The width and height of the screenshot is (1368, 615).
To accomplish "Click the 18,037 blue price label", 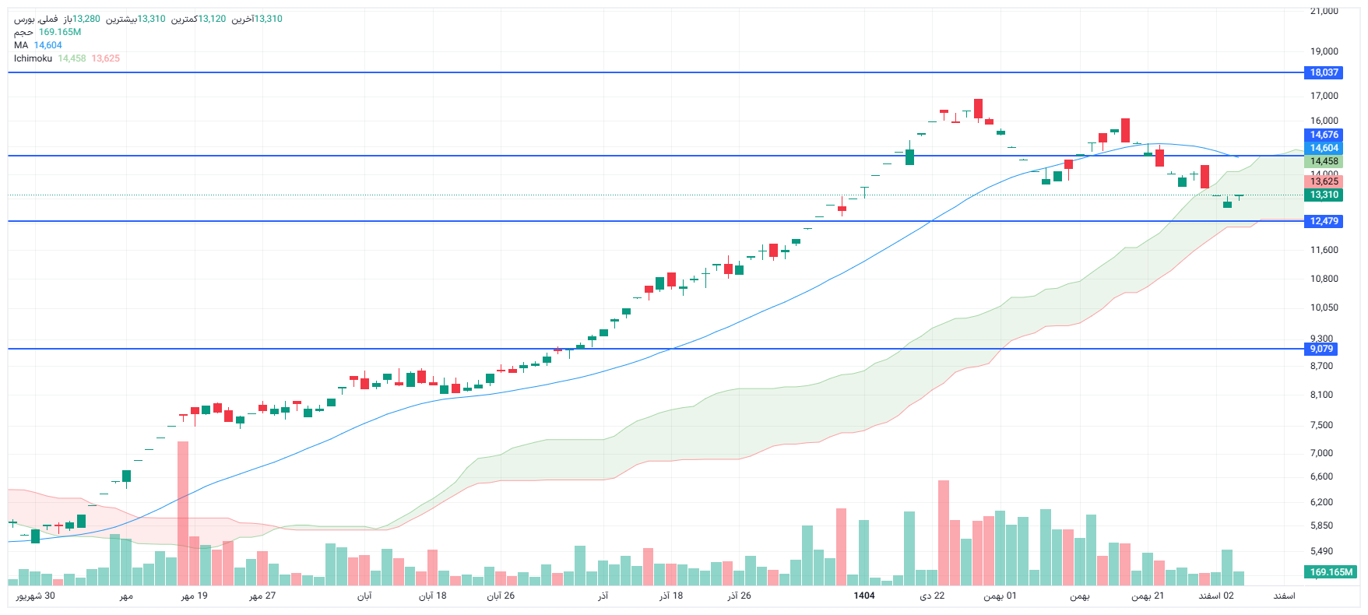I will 1324,72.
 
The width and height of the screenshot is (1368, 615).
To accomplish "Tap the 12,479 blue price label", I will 1324,221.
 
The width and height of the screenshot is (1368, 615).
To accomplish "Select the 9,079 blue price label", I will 1321,349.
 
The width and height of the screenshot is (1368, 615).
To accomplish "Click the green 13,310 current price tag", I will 1324,195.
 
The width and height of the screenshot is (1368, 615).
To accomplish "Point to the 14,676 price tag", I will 1324,135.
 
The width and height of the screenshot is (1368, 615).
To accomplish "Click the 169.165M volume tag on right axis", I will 1331,572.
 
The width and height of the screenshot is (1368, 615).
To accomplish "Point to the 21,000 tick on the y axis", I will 1324,11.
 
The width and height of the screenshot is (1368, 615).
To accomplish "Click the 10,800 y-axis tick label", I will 1324,279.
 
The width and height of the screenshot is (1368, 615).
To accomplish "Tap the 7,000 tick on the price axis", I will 1321,453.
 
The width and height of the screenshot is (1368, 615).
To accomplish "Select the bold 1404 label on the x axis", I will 863,596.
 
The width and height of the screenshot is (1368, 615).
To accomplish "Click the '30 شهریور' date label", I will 36,596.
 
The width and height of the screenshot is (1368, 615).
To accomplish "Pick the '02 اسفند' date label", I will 1216,596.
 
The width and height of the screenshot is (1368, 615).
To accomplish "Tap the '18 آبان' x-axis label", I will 432,596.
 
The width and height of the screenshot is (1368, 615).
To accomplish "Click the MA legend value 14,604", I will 47,45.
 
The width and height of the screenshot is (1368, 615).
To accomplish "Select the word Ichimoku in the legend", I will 33,58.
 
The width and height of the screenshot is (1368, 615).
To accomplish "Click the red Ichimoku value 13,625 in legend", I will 105,58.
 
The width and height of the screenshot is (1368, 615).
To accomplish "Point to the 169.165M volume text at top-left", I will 60,32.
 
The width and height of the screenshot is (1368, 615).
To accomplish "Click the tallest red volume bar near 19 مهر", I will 183,514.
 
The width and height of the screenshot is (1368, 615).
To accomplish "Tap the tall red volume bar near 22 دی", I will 944,533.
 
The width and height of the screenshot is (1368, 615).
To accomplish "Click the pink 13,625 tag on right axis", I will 1324,181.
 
